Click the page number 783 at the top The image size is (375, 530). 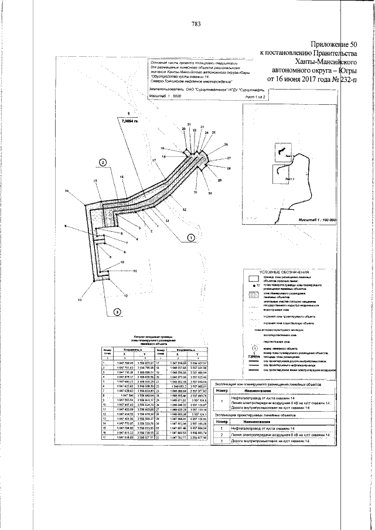tap(196, 24)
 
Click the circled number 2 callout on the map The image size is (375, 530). tap(103, 162)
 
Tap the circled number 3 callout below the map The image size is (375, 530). tap(117, 312)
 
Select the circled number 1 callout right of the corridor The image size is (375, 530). tap(190, 237)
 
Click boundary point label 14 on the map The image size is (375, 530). tap(68, 192)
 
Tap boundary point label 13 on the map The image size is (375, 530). tap(80, 299)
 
